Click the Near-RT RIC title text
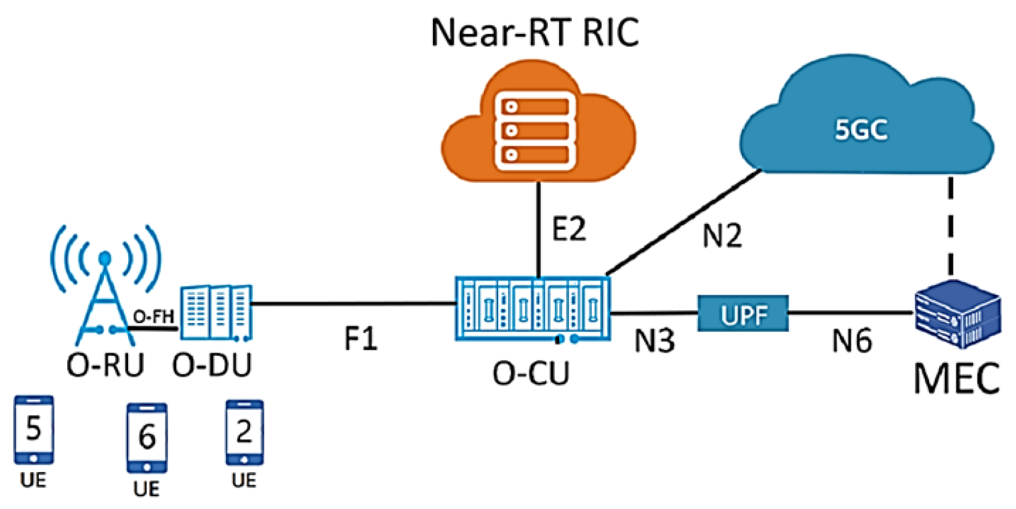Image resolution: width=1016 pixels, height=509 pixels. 534,32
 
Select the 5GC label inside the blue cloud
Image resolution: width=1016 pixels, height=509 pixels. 861,130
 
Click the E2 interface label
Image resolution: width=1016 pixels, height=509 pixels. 568,229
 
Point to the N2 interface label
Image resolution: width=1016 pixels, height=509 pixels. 722,235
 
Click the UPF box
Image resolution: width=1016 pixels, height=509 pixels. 743,315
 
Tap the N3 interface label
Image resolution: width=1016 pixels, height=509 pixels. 654,340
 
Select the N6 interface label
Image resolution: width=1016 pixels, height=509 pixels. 852,340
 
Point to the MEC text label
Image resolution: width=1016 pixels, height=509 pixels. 956,378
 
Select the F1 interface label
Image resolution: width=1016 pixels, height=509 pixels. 360,339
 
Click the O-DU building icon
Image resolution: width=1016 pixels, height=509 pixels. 216,313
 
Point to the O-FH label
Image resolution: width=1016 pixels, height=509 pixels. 153,317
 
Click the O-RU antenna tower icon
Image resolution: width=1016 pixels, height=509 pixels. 105,289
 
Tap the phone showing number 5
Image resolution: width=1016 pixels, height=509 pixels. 34,430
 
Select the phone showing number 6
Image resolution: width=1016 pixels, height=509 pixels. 147,438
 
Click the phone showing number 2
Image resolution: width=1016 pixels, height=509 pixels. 244,433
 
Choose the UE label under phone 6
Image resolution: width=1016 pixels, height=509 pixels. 146,489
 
